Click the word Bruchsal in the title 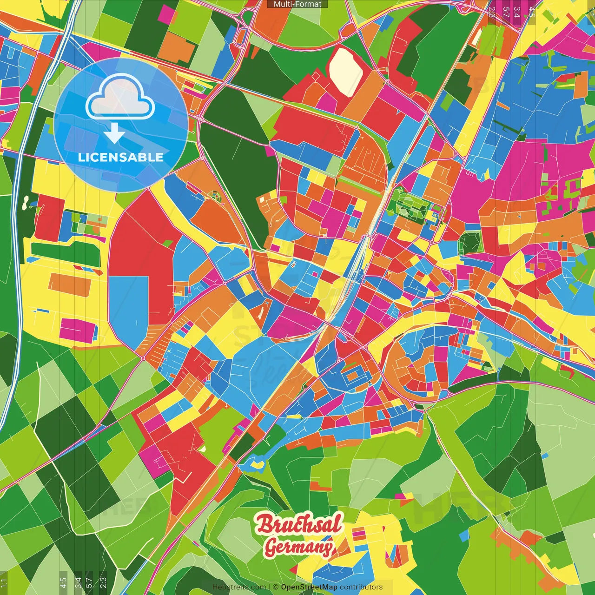pyautogui.click(x=298, y=524)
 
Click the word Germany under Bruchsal pyautogui.click(x=298, y=547)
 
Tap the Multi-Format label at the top pyautogui.click(x=297, y=4)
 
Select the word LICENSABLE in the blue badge pyautogui.click(x=121, y=157)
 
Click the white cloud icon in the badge pyautogui.click(x=120, y=99)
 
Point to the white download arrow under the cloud pyautogui.click(x=114, y=134)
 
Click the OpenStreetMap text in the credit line pyautogui.click(x=309, y=587)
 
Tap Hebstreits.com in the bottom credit pyautogui.click(x=239, y=587)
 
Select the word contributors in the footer pyautogui.click(x=361, y=587)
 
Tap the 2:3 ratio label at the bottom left pyautogui.click(x=103, y=583)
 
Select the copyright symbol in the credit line pyautogui.click(x=276, y=587)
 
